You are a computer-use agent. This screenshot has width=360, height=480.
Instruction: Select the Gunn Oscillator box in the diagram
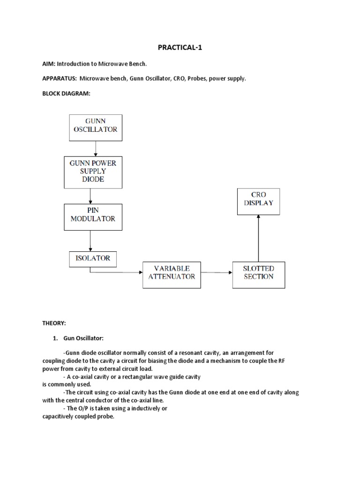96,127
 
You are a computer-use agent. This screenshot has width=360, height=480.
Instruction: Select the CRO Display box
258,202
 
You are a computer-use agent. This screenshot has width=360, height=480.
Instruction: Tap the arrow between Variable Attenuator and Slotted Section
217,272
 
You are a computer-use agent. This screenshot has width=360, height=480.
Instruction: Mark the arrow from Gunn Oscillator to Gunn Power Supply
96,149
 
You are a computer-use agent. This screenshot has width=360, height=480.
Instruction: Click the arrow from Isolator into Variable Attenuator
117,272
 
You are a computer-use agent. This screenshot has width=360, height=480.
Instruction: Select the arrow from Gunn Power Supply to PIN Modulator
90,195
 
